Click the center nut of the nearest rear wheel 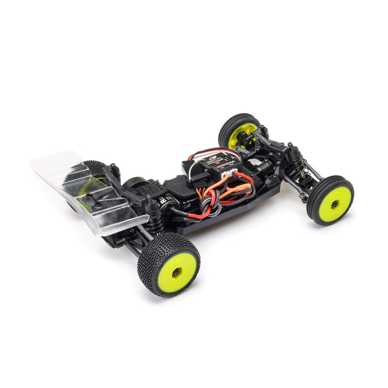click(x=176, y=272)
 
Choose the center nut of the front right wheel click(x=335, y=204)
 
